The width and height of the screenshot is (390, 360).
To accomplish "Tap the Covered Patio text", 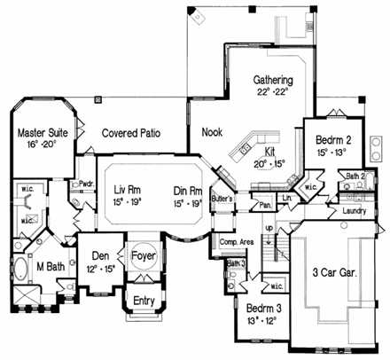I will (x=136, y=133).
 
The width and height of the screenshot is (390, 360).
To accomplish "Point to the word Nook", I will (x=211, y=132).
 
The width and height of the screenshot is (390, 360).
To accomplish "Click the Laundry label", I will (x=353, y=212).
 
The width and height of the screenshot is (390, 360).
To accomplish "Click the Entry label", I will (x=142, y=301).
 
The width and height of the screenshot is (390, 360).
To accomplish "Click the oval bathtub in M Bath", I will (x=20, y=270).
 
